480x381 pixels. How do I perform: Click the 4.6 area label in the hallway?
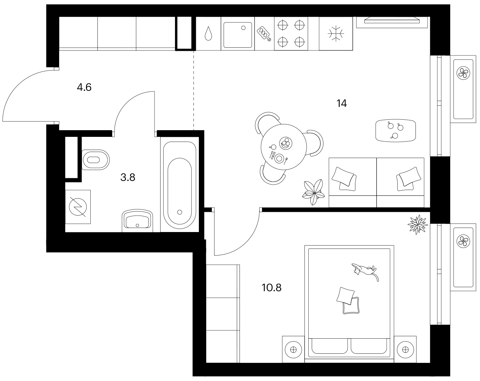84,87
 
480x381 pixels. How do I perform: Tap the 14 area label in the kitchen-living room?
342,103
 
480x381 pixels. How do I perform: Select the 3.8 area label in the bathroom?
128,177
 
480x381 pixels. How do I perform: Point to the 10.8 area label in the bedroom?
271,288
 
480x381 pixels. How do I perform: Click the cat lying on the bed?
365,272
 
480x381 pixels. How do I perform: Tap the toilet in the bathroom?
95,160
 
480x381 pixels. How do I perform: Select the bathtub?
180,185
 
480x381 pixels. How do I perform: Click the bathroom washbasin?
137,221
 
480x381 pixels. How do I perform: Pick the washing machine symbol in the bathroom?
78,207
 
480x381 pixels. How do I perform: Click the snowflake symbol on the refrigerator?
336,34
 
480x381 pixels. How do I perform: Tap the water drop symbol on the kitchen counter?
208,34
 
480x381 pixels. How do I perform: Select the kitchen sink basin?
238,35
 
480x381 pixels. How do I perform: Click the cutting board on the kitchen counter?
264,34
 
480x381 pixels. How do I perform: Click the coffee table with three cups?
396,130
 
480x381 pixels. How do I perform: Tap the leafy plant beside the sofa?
314,192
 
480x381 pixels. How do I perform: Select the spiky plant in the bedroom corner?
418,224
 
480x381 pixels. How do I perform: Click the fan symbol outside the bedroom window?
463,241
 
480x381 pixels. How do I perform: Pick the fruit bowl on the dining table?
286,143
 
